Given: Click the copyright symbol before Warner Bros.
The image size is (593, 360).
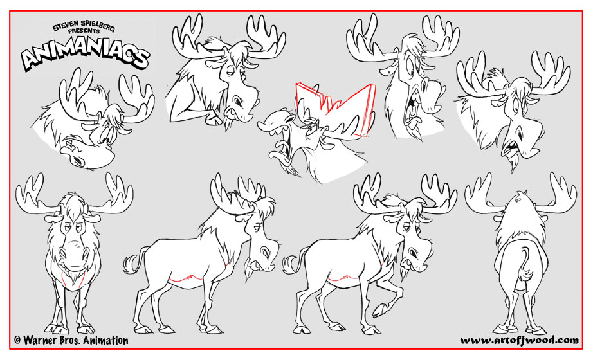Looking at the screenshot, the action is click(17, 340).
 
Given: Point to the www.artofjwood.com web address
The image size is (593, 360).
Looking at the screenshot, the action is click(519, 340).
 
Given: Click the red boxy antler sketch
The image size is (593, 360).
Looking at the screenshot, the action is click(335, 108).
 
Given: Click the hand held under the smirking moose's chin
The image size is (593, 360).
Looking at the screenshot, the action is click(213, 120).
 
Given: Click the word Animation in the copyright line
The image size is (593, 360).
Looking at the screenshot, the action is click(105, 340).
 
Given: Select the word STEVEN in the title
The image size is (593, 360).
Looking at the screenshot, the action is click(66, 26).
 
